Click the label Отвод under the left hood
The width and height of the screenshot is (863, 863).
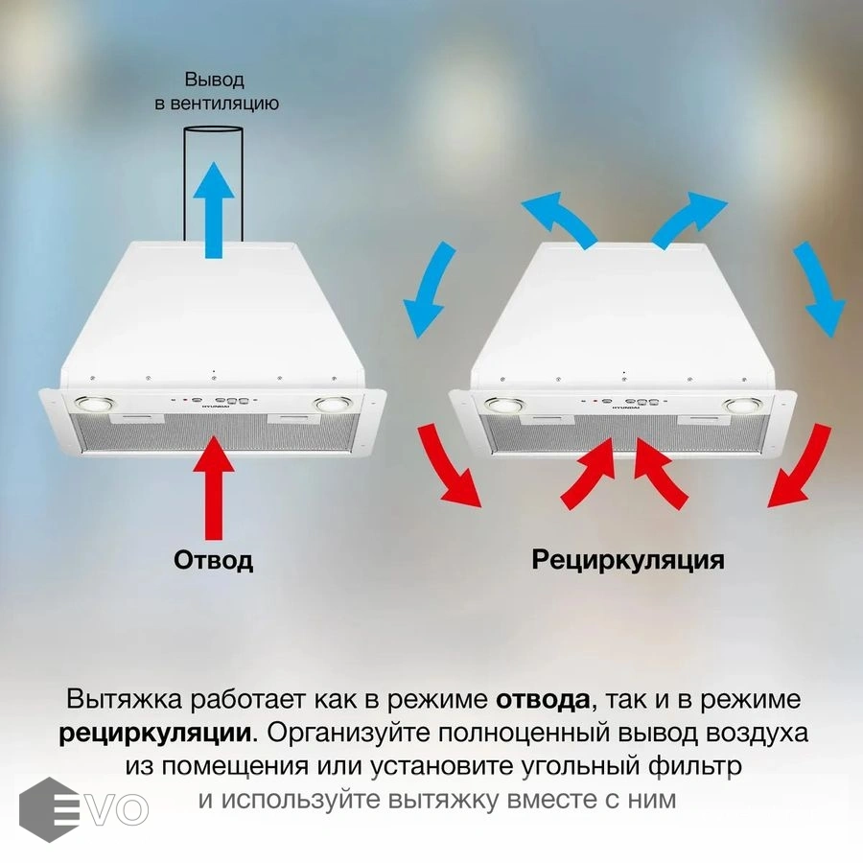click(x=213, y=560)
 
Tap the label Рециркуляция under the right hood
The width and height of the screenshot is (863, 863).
click(x=628, y=561)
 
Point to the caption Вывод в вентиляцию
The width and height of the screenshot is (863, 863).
click(x=217, y=91)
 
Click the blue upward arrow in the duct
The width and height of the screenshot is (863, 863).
click(x=214, y=210)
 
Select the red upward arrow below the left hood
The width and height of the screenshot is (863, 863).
click(x=214, y=488)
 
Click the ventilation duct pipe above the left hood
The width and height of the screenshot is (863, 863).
click(x=213, y=184)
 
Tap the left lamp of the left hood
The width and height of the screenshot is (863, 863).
click(x=95, y=404)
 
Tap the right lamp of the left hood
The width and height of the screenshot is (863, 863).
click(x=333, y=405)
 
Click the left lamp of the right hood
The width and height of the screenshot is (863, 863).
click(x=504, y=405)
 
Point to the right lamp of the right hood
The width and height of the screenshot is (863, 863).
click(x=742, y=406)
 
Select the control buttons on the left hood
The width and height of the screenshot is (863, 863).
click(x=216, y=401)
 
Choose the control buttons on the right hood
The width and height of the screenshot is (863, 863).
click(x=624, y=402)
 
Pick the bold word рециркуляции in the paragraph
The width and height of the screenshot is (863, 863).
click(x=155, y=734)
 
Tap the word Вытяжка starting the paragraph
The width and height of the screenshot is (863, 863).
click(x=124, y=700)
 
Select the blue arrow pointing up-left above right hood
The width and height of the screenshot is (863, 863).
click(x=559, y=218)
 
